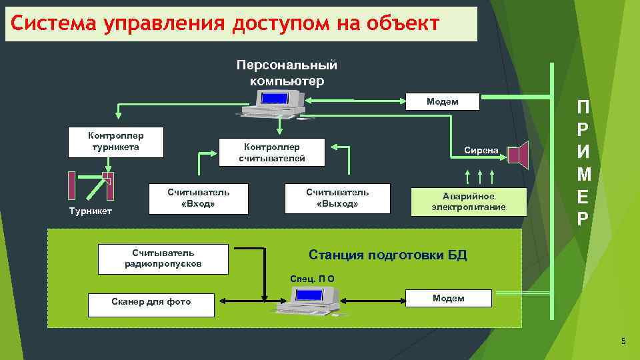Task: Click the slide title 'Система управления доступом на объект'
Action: coord(225,24)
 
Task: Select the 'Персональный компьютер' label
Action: coord(287,73)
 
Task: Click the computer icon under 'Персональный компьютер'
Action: coord(279,103)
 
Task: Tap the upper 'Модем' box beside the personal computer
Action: coord(443,102)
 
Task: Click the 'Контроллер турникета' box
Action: coord(116,141)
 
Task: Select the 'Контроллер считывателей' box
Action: coord(272,152)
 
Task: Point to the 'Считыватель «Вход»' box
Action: coord(198,198)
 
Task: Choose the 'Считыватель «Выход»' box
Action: coord(337,198)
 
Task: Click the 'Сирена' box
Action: coord(481,151)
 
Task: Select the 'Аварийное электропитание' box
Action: coord(469,201)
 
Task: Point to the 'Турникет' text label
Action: coord(91,211)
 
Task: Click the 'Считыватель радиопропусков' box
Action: coord(163,259)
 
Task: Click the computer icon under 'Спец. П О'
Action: coord(314,298)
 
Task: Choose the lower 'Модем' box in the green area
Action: coord(449,298)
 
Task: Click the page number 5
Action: coord(623,342)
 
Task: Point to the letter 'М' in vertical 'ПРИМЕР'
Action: coord(583,175)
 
